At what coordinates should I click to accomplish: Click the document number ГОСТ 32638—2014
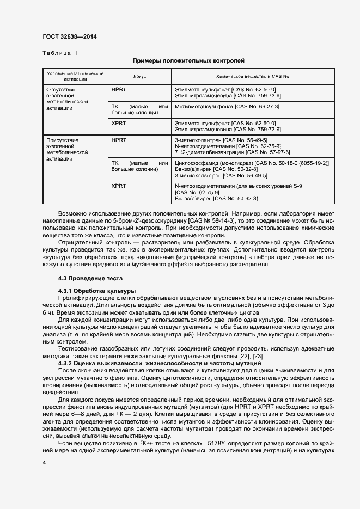70,37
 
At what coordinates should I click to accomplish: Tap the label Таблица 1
59,53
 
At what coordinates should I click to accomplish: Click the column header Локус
139,76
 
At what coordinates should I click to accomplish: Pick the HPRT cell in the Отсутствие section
118,89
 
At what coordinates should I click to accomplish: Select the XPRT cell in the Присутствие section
118,186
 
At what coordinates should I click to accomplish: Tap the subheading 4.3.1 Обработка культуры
97,291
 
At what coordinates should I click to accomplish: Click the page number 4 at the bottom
44,462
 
